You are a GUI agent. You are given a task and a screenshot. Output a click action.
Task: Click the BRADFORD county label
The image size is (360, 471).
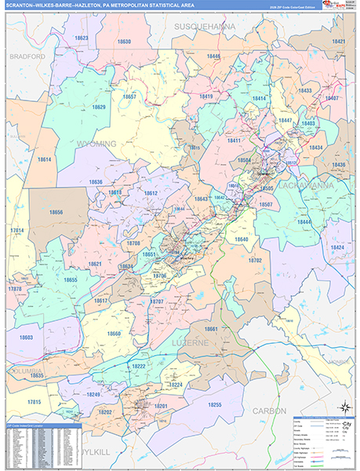[x=27, y=57]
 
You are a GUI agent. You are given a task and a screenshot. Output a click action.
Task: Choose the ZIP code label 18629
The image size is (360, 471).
[x=98, y=108]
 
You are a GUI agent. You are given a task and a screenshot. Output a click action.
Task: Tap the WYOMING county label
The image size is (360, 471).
[x=98, y=144]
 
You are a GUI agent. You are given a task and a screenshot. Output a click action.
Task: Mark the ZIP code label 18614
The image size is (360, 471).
[x=44, y=159]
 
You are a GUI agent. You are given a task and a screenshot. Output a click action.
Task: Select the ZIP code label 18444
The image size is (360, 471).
[x=304, y=222]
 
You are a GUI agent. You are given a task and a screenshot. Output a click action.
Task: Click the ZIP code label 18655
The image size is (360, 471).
[x=71, y=279]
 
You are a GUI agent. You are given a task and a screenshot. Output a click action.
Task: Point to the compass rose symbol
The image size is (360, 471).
[x=342, y=407]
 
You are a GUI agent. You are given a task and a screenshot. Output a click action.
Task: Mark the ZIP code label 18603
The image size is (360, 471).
[x=27, y=337]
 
